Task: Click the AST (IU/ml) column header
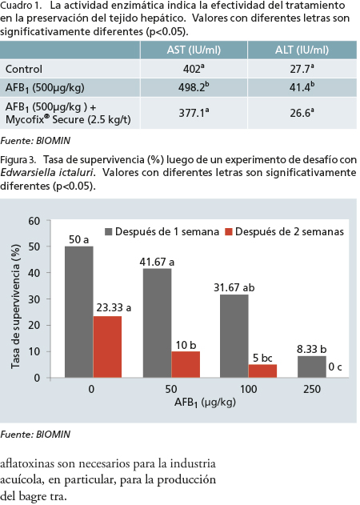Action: (x=194, y=50)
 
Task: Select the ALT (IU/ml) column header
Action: (x=302, y=50)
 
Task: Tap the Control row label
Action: (x=24, y=69)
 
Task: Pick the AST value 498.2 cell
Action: (x=194, y=87)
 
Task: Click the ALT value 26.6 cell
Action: (x=302, y=113)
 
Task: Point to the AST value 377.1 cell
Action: (x=194, y=113)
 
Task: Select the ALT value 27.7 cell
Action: (x=302, y=69)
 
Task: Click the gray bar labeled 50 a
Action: (x=79, y=312)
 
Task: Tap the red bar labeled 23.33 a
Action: (x=107, y=347)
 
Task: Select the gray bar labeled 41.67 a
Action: (x=157, y=323)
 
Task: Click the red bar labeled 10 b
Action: (x=186, y=364)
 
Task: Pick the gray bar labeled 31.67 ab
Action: (x=234, y=336)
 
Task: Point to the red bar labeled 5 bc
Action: (x=262, y=371)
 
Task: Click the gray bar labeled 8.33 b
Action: (x=312, y=367)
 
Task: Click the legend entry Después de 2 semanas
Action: (x=285, y=232)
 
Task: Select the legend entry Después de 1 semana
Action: (x=162, y=232)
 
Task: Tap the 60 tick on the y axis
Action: (x=34, y=221)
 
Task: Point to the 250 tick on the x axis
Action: (x=312, y=389)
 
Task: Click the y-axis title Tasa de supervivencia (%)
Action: (x=15, y=307)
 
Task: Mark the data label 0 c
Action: (x=335, y=367)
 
